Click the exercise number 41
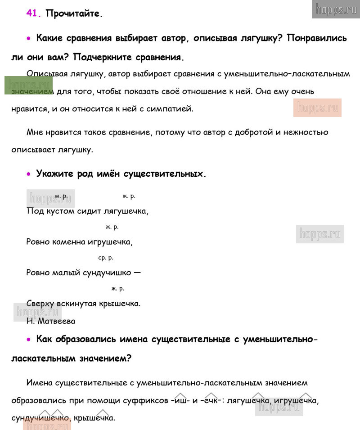(x=34, y=13)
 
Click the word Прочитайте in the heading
(x=74, y=13)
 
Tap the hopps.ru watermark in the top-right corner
(x=336, y=9)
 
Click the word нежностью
(x=305, y=132)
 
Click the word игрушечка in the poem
(x=111, y=242)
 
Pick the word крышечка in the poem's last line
(x=118, y=303)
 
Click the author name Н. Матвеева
(x=51, y=321)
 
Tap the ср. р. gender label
(x=106, y=258)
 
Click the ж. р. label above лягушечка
(x=129, y=196)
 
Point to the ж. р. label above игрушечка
(x=112, y=227)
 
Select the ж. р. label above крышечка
(x=117, y=288)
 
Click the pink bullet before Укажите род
(x=29, y=174)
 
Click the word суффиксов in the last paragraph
(x=147, y=400)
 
